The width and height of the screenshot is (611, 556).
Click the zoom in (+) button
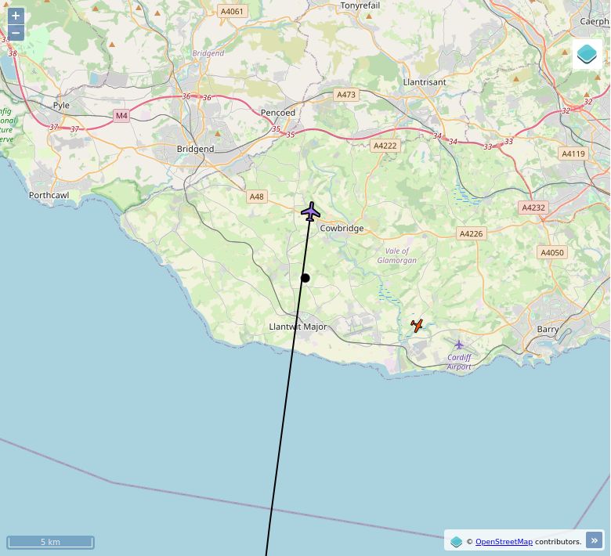point(16,16)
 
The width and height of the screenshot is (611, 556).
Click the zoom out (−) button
point(16,33)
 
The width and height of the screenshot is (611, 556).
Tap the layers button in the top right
point(587,54)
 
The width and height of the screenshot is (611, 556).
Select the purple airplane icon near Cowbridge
point(311,211)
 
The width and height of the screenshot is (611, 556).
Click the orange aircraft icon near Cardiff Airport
point(418,325)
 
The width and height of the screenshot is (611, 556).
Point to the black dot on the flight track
point(305,278)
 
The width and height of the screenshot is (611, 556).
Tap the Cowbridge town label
point(342,229)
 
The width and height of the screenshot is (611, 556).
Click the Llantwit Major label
point(298,327)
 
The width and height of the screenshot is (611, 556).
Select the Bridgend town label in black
point(195,149)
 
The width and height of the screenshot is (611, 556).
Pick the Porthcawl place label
point(49,195)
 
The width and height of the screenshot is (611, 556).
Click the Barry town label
point(548,330)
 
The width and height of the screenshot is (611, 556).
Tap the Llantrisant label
point(424,82)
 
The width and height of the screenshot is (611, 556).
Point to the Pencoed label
point(278,113)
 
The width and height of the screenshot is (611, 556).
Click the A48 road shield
point(257,197)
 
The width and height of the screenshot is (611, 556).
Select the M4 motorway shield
point(121,116)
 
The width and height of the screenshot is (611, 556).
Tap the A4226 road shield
point(471,233)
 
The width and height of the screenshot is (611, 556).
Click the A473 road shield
point(345,95)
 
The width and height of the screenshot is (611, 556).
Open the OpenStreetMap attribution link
point(504,541)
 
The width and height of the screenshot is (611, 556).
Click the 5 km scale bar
point(50,542)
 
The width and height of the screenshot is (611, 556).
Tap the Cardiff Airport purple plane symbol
point(459,345)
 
